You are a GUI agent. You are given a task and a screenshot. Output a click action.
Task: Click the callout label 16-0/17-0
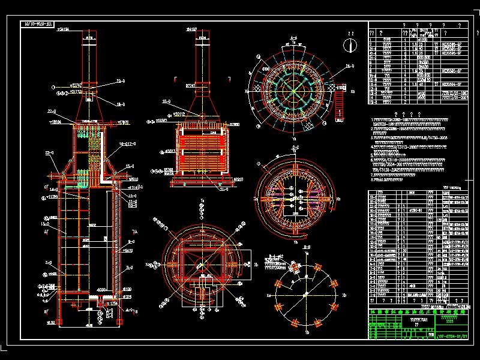128,144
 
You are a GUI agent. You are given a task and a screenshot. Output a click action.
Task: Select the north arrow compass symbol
348,45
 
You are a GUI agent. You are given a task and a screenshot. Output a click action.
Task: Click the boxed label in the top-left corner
38,25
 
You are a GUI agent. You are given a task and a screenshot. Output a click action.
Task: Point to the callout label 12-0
132,196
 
